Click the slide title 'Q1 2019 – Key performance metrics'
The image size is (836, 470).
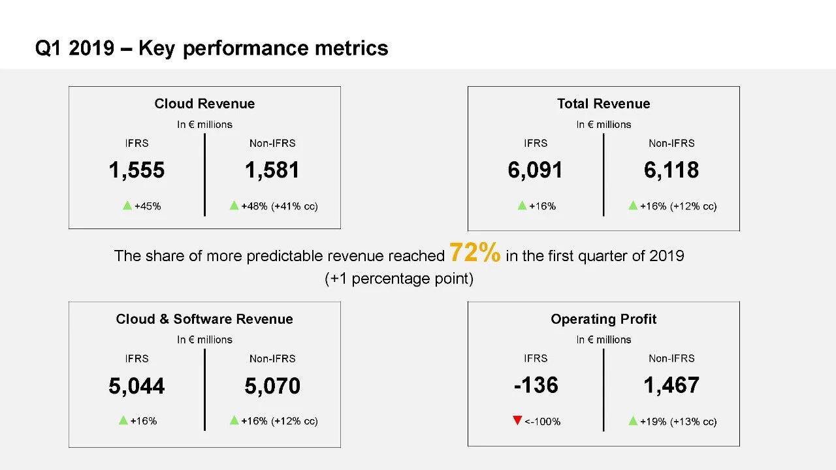pyautogui.click(x=212, y=48)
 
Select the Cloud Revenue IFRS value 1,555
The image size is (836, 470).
pyautogui.click(x=137, y=170)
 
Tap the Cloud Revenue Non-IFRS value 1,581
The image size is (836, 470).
pyautogui.click(x=272, y=170)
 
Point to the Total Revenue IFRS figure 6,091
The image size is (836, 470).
pyautogui.click(x=535, y=170)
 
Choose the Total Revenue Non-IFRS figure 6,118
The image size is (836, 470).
pyautogui.click(x=671, y=170)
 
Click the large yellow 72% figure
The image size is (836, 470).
pyautogui.click(x=475, y=253)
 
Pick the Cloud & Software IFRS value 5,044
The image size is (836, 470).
pyautogui.click(x=137, y=386)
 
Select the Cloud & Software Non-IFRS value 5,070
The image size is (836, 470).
pyautogui.click(x=272, y=386)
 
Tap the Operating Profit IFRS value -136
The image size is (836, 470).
pyautogui.click(x=536, y=385)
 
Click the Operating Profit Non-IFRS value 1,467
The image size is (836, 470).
pyautogui.click(x=671, y=385)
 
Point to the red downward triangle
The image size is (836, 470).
pyautogui.click(x=517, y=420)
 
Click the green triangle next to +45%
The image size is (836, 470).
pyautogui.click(x=127, y=206)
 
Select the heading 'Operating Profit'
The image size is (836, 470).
pyautogui.click(x=603, y=319)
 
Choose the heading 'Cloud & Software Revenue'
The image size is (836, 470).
pyautogui.click(x=204, y=319)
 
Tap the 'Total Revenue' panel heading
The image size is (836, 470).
pyautogui.click(x=603, y=104)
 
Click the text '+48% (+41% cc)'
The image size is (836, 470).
pyautogui.click(x=280, y=206)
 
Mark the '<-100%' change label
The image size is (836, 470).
pyautogui.click(x=542, y=422)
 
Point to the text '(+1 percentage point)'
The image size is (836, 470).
pyautogui.click(x=399, y=279)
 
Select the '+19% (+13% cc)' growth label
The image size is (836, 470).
pyautogui.click(x=678, y=422)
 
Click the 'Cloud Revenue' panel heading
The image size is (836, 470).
pyautogui.click(x=204, y=104)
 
